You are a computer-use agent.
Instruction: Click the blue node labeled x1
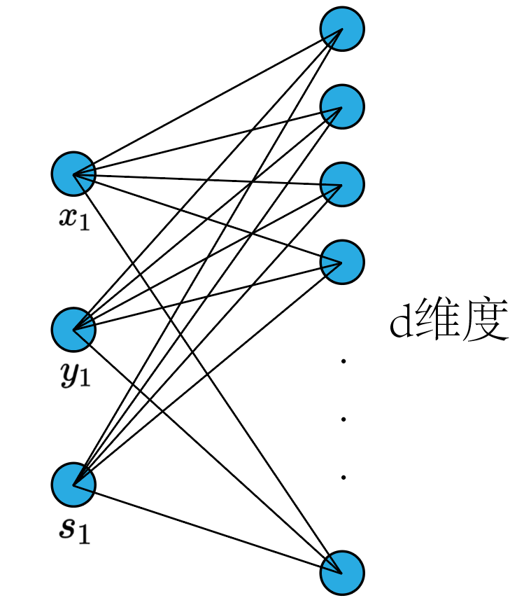click(x=73, y=173)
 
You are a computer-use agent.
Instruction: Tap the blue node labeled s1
click(x=73, y=484)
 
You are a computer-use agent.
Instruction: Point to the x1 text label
click(x=74, y=220)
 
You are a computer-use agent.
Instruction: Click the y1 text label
click(x=74, y=376)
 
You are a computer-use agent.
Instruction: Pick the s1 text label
click(x=74, y=531)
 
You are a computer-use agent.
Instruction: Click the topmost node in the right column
click(x=342, y=29)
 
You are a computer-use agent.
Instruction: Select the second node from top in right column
click(x=342, y=106)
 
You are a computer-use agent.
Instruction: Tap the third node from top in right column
click(x=342, y=184)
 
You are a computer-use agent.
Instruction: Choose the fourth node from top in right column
click(x=342, y=262)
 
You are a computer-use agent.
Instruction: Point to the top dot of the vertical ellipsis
click(x=344, y=361)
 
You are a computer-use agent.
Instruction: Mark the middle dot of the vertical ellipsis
click(x=344, y=419)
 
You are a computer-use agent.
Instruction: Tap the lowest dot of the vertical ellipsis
click(x=344, y=478)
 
